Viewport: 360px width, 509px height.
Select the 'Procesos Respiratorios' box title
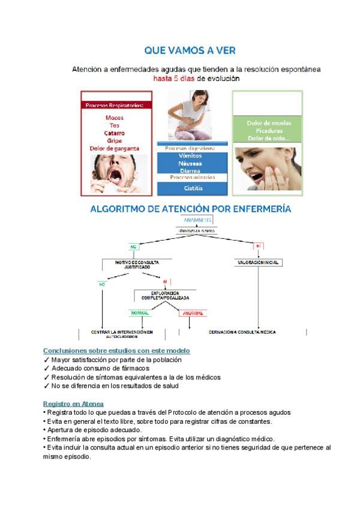pyautogui.click(x=115, y=106)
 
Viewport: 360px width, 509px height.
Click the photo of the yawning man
pyautogui.click(x=115, y=173)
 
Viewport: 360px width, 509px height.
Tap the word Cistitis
pyautogui.click(x=193, y=188)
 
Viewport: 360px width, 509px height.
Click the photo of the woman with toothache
pyautogui.click(x=268, y=169)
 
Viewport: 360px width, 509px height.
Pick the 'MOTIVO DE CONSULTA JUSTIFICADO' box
pyautogui.click(x=133, y=264)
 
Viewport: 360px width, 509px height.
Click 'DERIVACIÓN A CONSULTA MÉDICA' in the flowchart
pyautogui.click(x=242, y=332)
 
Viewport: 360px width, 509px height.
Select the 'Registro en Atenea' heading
pyautogui.click(x=73, y=404)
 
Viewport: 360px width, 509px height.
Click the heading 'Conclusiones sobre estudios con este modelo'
pyautogui.click(x=116, y=350)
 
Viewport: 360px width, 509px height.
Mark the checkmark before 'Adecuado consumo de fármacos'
pyautogui.click(x=46, y=368)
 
